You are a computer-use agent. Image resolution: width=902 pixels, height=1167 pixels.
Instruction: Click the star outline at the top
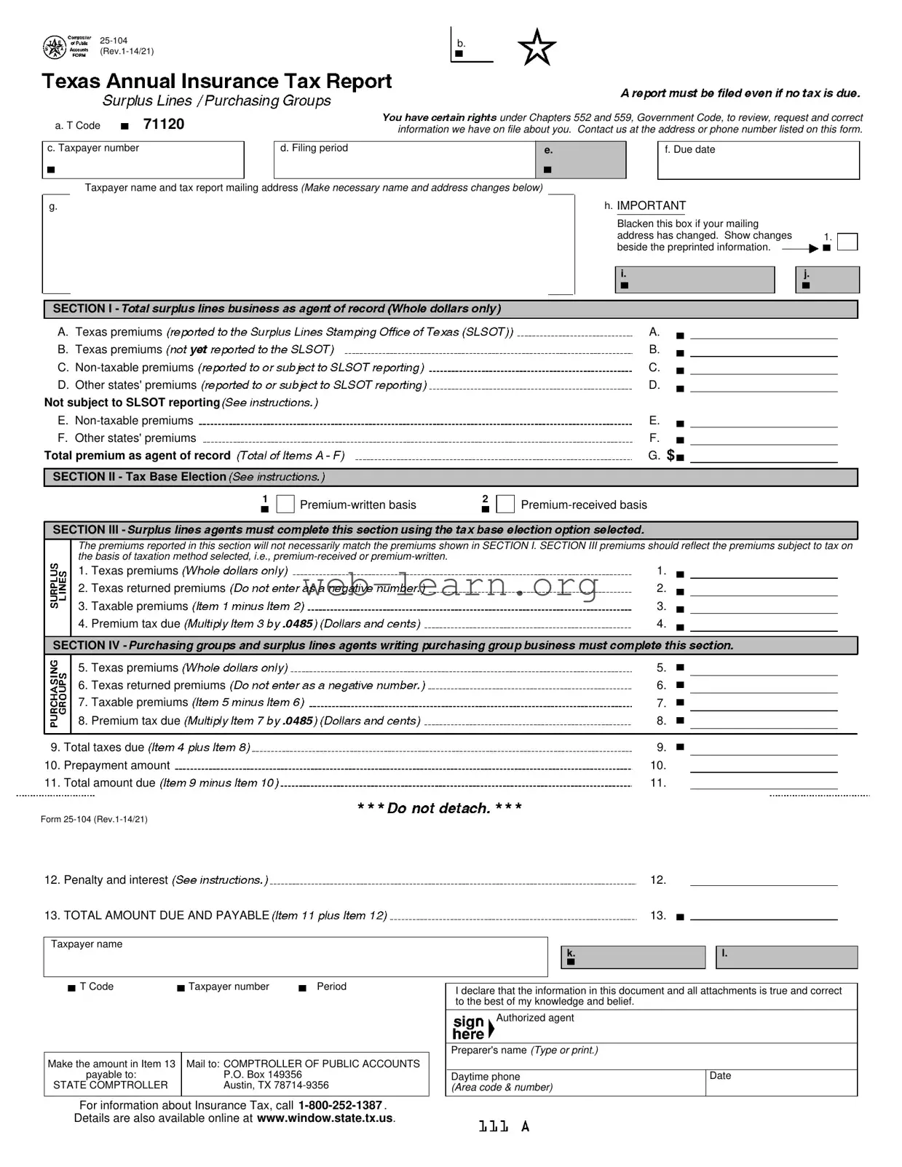[537, 48]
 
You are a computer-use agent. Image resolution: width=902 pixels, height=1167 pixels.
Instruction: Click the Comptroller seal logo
[55, 48]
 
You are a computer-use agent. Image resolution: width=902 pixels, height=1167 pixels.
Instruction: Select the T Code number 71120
[164, 124]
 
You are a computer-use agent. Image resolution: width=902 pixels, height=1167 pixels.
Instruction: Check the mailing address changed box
[847, 242]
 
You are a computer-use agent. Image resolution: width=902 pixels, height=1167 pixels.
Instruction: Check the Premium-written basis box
[286, 504]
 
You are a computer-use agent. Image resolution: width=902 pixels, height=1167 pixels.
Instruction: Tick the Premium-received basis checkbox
[505, 504]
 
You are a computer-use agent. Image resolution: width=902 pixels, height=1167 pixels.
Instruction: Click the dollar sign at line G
[670, 456]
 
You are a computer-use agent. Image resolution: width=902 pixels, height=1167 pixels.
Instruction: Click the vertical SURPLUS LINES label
[58, 586]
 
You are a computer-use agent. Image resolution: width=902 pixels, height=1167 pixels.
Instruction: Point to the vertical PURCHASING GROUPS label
[58, 694]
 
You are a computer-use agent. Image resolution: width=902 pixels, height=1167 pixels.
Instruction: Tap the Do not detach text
[439, 808]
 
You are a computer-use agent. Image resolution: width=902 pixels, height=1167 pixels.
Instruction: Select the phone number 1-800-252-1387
[341, 1105]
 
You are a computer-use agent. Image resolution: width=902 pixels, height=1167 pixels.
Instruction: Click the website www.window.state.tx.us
[325, 1118]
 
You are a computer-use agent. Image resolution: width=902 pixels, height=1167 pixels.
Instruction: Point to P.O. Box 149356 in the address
[262, 1075]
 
